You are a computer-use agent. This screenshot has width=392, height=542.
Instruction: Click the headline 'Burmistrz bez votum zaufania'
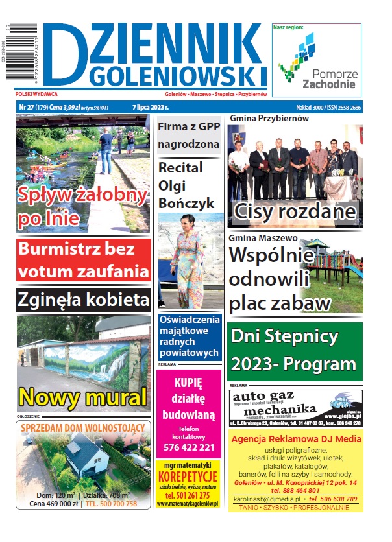pyautogui.click(x=84, y=259)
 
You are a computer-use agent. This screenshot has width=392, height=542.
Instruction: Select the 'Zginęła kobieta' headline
pyautogui.click(x=84, y=300)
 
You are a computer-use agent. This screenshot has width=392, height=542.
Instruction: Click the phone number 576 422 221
pyautogui.click(x=188, y=447)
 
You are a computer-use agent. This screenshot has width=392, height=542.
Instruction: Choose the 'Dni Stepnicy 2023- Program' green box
pyautogui.click(x=294, y=349)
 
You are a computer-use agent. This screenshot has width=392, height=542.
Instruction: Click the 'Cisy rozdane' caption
pyautogui.click(x=294, y=211)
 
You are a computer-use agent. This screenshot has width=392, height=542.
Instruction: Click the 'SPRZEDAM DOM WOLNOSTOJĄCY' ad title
pyautogui.click(x=84, y=429)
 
